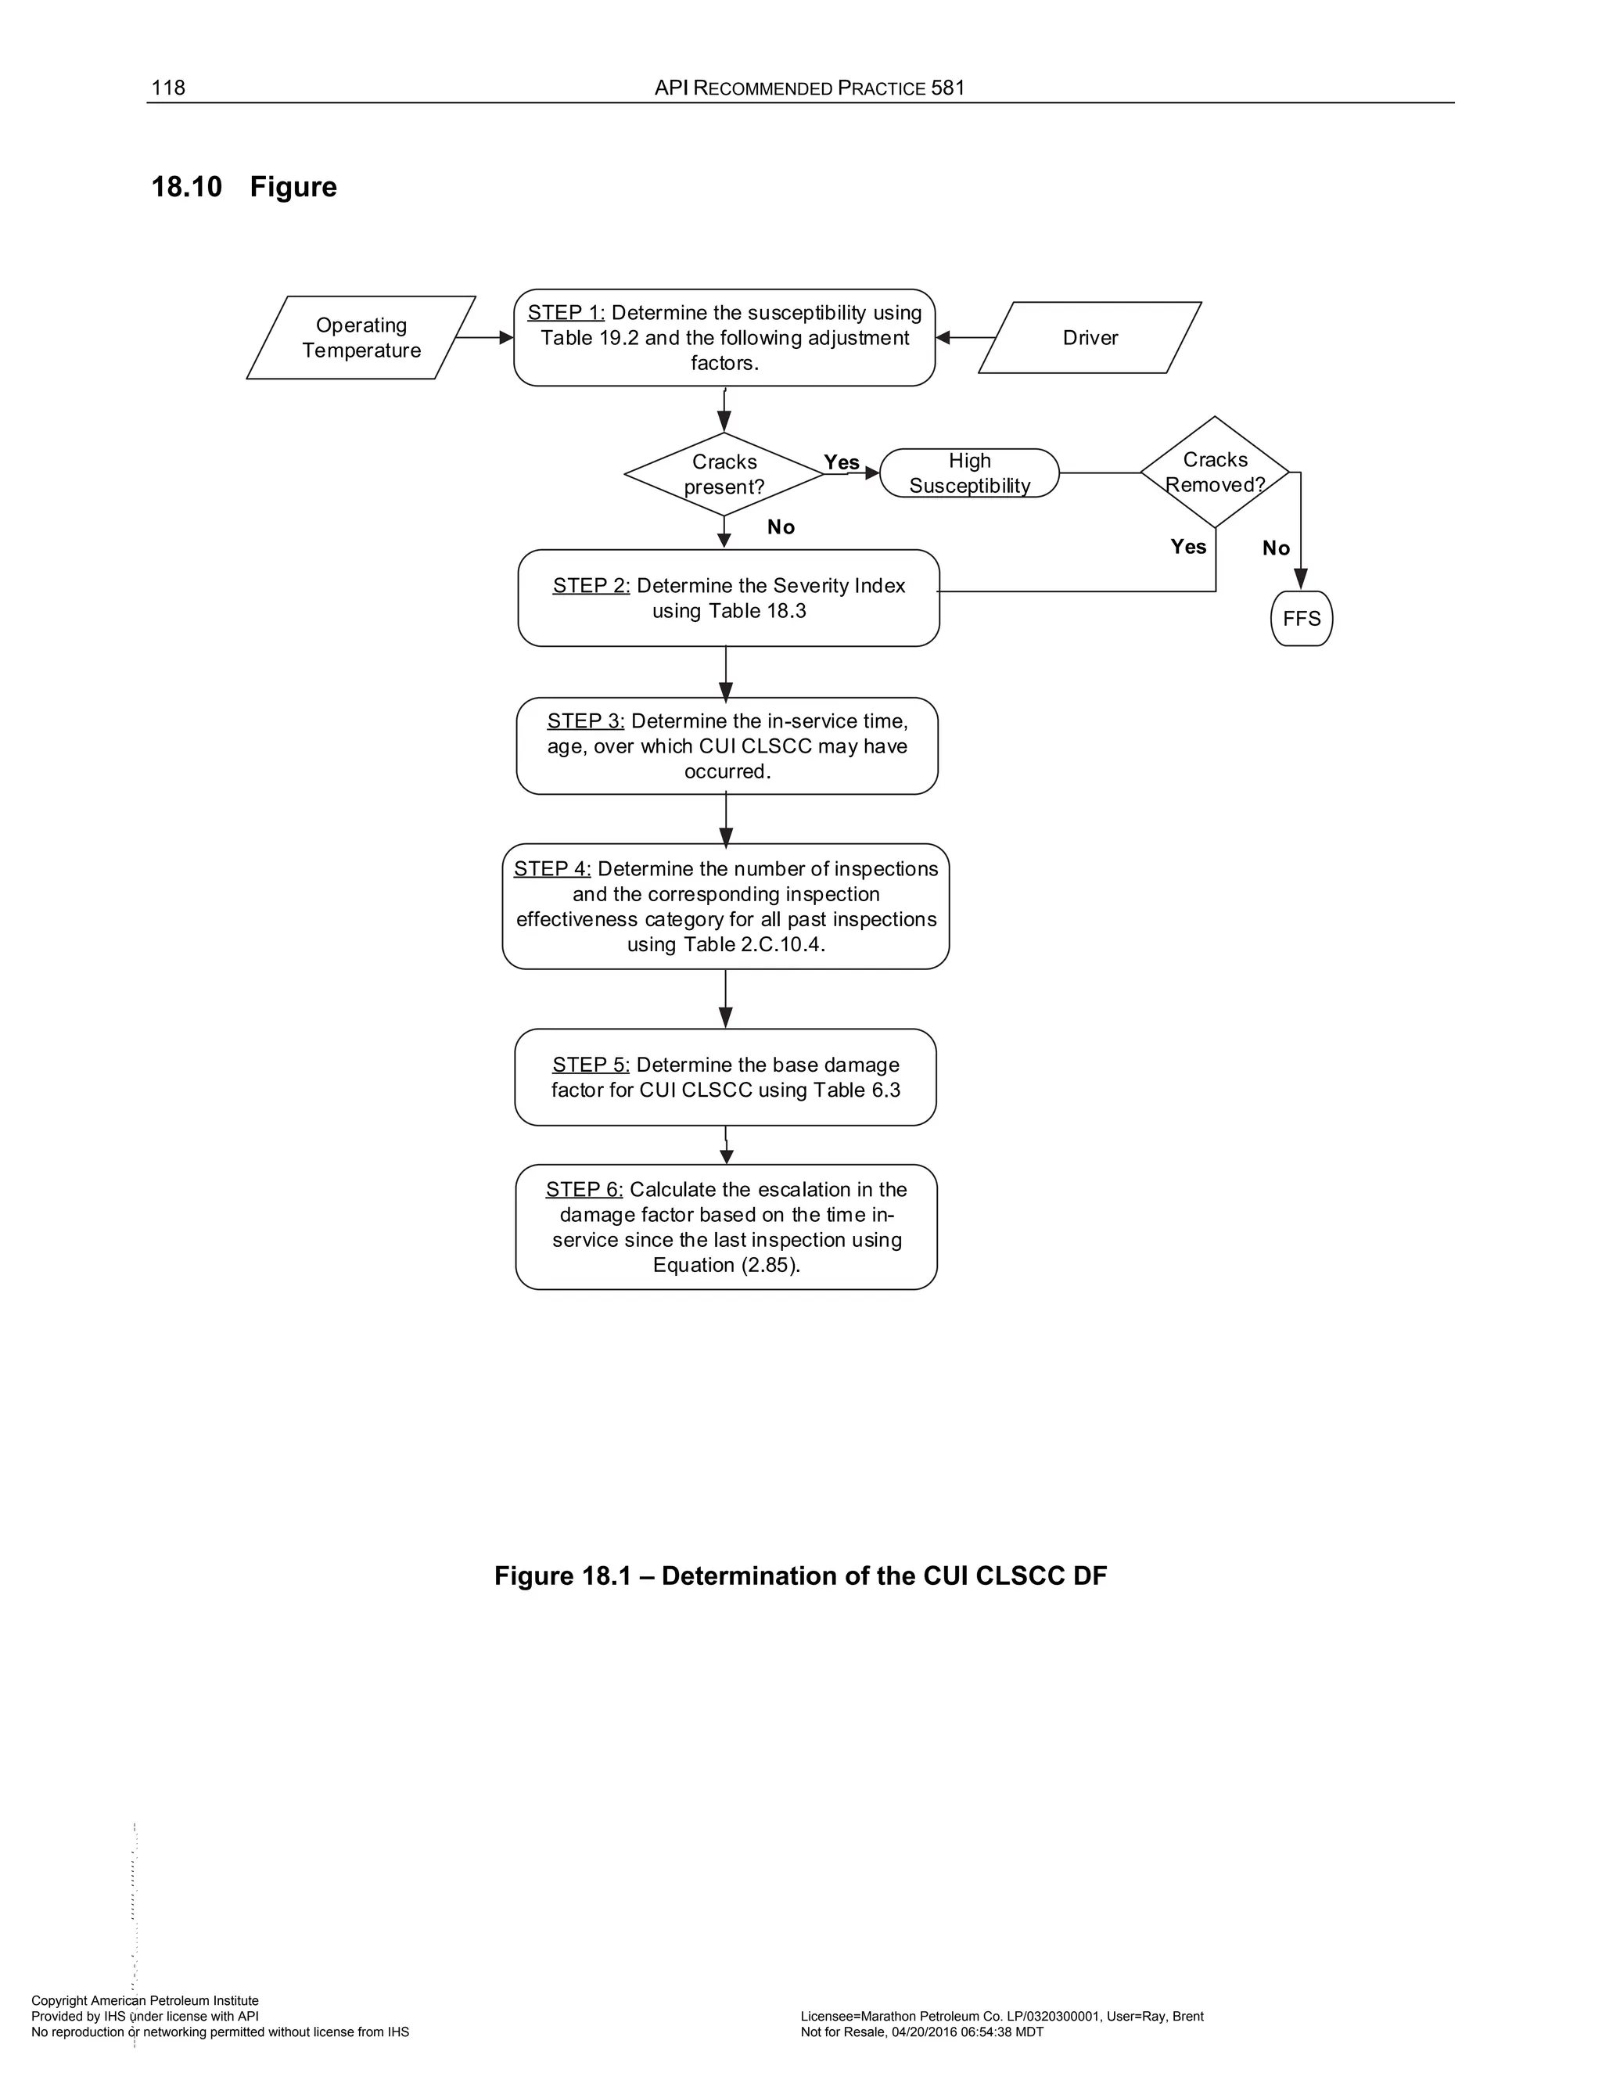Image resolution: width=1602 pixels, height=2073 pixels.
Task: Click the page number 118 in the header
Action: pyautogui.click(x=168, y=88)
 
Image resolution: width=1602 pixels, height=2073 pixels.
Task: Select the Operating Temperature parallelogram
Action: pyautogui.click(x=361, y=338)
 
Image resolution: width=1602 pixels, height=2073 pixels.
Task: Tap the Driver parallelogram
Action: pyautogui.click(x=1090, y=338)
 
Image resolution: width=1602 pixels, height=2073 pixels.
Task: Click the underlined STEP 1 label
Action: pyautogui.click(x=566, y=313)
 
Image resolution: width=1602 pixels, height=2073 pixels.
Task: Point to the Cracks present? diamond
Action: pyautogui.click(x=724, y=475)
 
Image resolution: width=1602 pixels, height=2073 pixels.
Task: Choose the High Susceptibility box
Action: pyautogui.click(x=969, y=473)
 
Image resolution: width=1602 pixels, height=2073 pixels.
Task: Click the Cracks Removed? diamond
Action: pyautogui.click(x=1215, y=472)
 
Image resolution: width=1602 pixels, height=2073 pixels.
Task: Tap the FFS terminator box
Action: pyautogui.click(x=1301, y=619)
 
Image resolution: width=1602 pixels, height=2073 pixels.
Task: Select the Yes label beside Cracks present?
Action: pyautogui.click(x=841, y=462)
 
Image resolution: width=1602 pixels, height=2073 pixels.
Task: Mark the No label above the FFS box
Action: pyautogui.click(x=1276, y=548)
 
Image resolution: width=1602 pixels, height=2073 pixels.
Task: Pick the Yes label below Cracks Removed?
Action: pyautogui.click(x=1188, y=547)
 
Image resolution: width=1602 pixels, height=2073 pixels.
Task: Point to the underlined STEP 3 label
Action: pyautogui.click(x=586, y=721)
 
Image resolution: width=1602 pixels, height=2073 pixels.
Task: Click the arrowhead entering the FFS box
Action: pyautogui.click(x=1301, y=579)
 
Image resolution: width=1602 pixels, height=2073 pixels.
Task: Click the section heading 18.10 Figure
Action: pyautogui.click(x=244, y=187)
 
